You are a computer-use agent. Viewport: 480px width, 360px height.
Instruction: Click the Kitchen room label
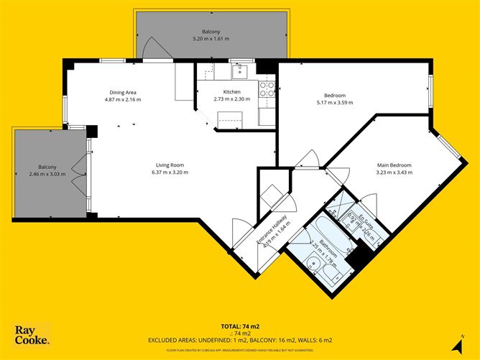(x=231, y=92)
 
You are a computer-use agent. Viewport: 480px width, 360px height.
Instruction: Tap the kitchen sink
(x=240, y=70)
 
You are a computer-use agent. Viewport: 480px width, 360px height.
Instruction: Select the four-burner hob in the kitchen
(x=267, y=88)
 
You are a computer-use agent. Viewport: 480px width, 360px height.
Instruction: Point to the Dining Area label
(x=123, y=92)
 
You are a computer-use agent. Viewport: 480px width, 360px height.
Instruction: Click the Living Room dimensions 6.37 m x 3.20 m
(x=170, y=172)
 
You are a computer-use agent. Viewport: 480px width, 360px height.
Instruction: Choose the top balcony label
(x=211, y=32)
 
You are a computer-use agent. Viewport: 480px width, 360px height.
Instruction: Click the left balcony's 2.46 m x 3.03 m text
(x=47, y=174)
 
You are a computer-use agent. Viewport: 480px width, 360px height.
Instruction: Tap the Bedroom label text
(x=335, y=96)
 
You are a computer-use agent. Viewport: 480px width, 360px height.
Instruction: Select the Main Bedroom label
(x=394, y=165)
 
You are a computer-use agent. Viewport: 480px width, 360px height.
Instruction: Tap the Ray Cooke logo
(x=32, y=335)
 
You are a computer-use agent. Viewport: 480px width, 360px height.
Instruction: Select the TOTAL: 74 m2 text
(x=239, y=326)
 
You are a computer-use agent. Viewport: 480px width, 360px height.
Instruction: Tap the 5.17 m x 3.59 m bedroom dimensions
(x=335, y=103)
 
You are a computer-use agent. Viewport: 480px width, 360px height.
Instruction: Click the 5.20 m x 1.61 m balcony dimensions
(x=211, y=39)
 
